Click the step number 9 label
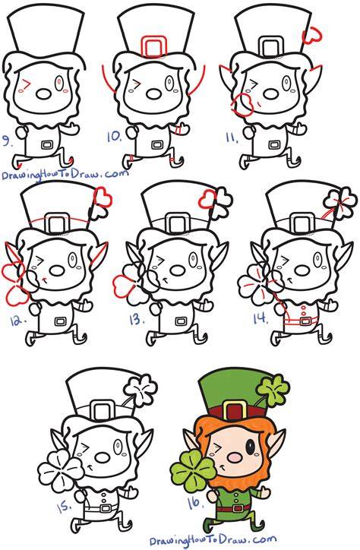click(x=6, y=141)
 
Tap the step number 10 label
click(x=114, y=137)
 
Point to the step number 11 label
click(x=232, y=137)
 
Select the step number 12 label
click(x=17, y=321)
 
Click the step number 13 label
click(x=136, y=320)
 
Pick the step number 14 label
click(x=261, y=319)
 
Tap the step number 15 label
click(x=65, y=507)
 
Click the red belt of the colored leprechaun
click(x=233, y=508)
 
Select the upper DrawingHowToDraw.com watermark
click(x=65, y=173)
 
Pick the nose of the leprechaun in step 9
click(x=44, y=94)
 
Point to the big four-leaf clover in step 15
click(x=61, y=471)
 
